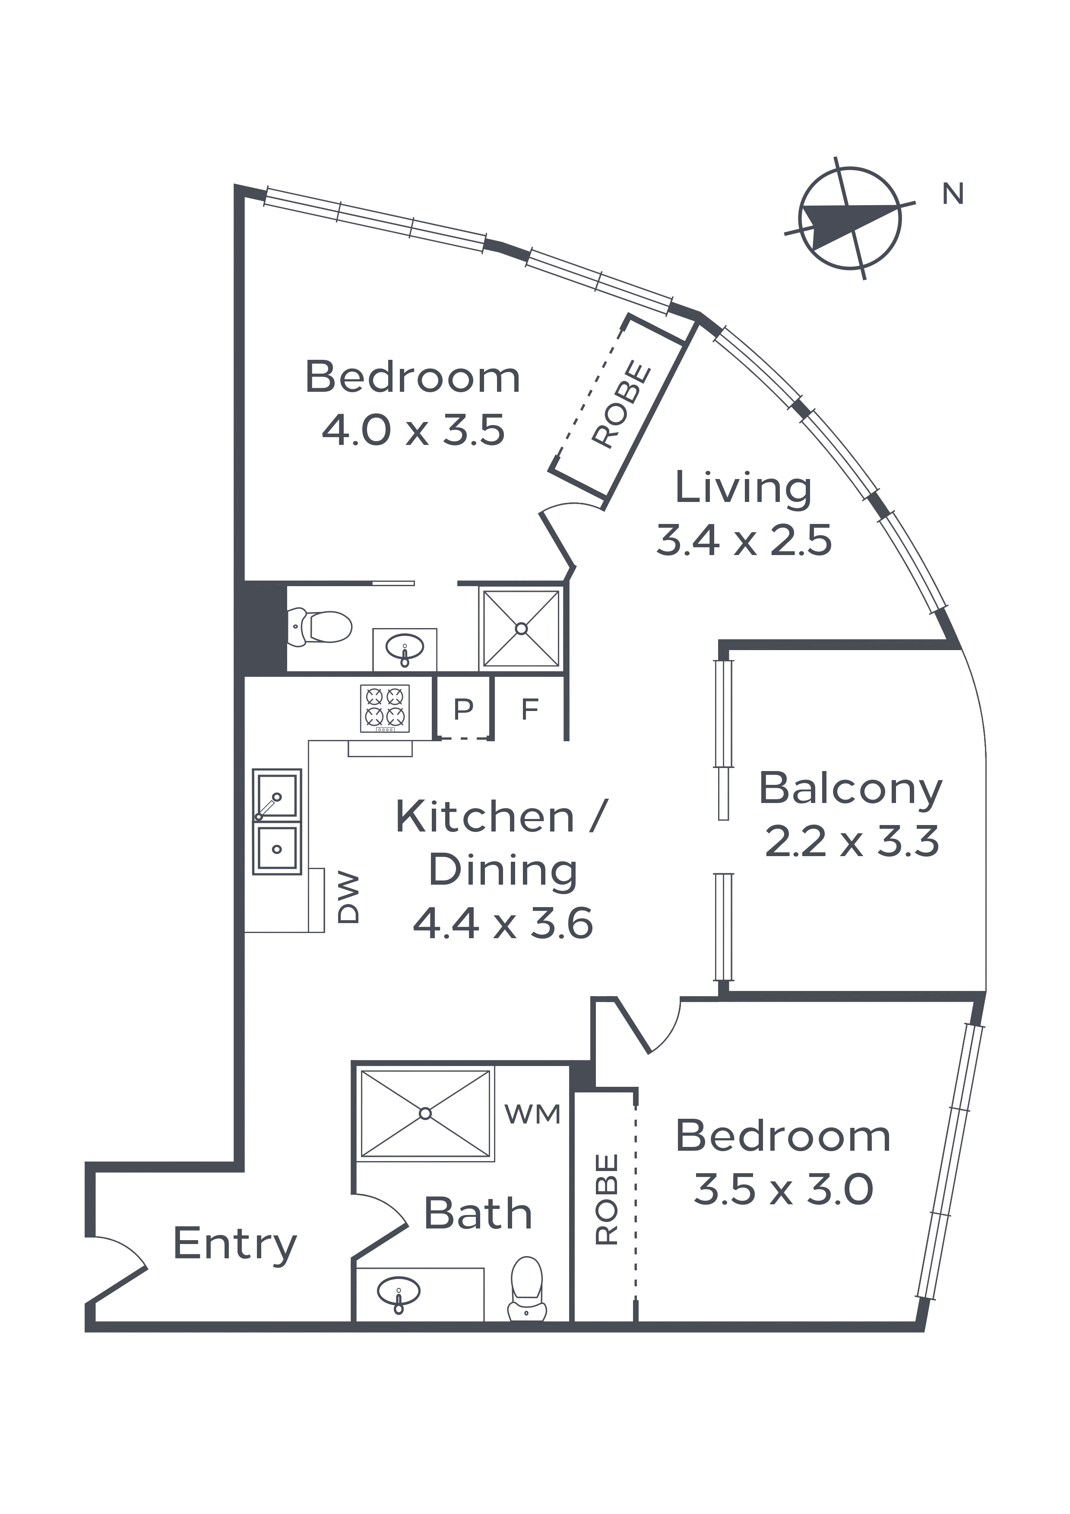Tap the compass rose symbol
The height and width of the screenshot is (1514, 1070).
[850, 218]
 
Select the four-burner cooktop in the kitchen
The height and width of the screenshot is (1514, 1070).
[385, 708]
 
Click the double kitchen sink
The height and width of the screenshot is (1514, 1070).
[277, 822]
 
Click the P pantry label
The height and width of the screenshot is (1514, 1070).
[463, 710]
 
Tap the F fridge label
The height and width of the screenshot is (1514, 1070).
[530, 710]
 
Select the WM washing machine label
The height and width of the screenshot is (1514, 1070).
[533, 1114]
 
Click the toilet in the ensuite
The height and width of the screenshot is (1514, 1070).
[321, 626]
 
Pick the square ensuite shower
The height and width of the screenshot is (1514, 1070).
[522, 628]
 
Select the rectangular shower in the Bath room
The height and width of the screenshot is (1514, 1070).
[425, 1114]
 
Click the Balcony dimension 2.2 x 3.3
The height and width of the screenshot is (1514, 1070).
[852, 842]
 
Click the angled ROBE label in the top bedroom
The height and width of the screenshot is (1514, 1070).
[622, 404]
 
